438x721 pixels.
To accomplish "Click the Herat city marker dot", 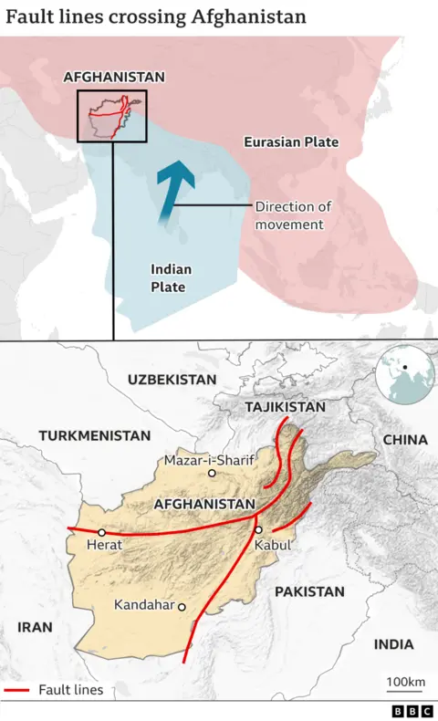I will coord(102,532).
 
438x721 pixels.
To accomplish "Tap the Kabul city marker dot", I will coord(259,529).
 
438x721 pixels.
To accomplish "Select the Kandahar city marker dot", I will coord(182,606).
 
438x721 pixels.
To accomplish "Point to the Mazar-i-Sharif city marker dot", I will coord(212,473).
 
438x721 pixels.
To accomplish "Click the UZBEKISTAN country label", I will coord(172,379).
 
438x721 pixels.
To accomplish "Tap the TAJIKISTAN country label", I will coord(285,405).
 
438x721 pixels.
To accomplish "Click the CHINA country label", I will coord(405,440).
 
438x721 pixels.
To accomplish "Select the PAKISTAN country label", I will coord(309,591).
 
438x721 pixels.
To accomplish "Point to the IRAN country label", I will coord(35,627).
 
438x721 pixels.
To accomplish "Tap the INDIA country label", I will coord(393,644).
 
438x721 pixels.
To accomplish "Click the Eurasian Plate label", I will coord(291,142).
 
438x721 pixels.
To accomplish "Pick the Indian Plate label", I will coord(168,278).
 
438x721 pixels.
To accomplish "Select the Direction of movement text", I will coord(292,215).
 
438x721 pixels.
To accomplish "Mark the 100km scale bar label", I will coord(405,683).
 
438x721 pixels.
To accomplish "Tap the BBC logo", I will coord(410,710).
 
